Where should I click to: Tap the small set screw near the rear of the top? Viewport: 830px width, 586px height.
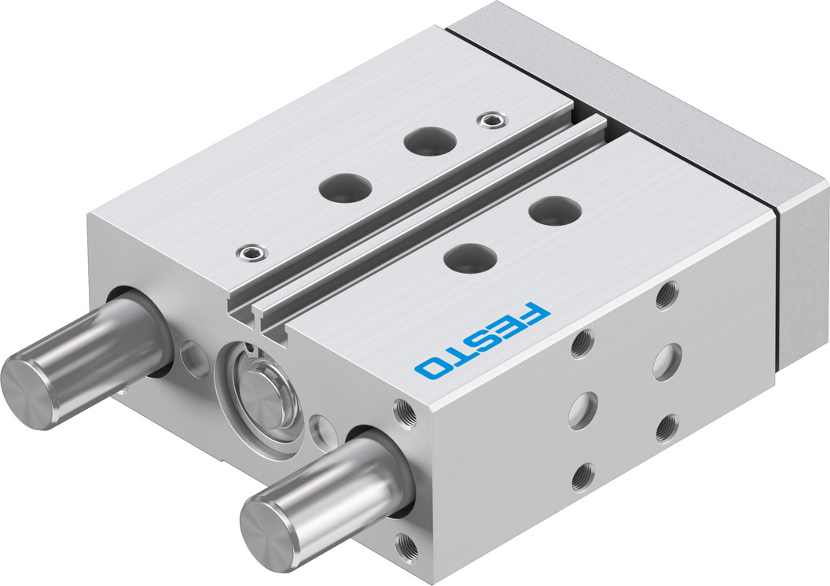click(493, 120)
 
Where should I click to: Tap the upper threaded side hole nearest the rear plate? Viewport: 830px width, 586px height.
click(667, 295)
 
